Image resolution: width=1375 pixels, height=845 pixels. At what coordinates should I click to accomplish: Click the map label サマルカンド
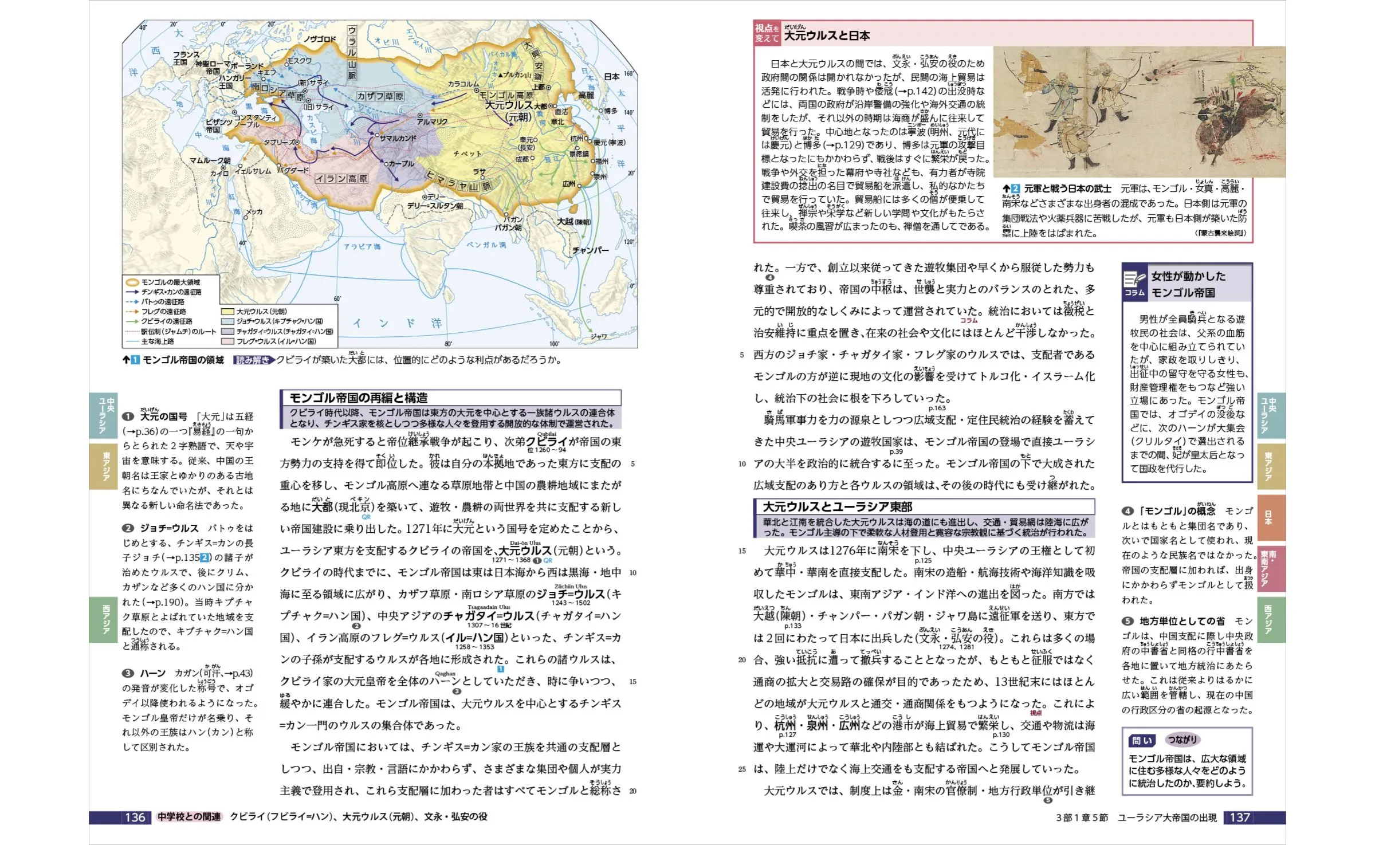398,139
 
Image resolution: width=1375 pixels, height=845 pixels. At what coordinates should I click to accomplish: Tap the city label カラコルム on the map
463,84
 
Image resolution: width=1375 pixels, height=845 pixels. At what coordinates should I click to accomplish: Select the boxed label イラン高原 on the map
341,179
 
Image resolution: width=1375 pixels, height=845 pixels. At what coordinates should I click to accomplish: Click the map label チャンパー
590,250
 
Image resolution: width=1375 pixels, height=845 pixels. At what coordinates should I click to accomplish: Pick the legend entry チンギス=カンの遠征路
171,292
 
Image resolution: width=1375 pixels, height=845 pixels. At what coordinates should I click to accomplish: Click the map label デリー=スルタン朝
435,206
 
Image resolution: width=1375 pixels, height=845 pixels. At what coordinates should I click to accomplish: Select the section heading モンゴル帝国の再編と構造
358,398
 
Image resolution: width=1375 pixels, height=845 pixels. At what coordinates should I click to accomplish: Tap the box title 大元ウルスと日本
827,36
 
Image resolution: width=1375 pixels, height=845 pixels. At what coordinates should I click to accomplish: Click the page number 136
135,818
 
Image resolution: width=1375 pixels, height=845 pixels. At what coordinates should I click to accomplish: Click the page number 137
1239,818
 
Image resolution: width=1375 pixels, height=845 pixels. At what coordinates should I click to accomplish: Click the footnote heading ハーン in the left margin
152,673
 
